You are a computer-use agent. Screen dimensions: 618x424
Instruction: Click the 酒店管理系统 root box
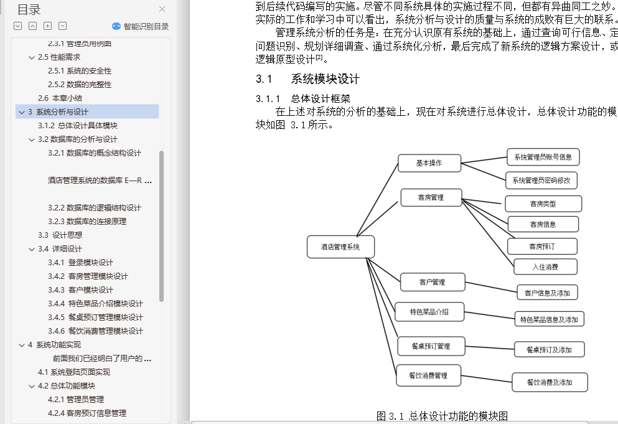click(340, 247)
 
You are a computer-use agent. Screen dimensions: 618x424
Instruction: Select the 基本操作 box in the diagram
click(429, 163)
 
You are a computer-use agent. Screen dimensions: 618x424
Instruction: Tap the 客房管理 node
click(431, 197)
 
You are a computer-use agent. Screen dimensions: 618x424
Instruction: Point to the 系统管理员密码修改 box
click(541, 181)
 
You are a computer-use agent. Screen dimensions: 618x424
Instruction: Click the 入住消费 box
click(545, 267)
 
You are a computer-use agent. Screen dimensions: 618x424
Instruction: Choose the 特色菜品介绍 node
click(429, 312)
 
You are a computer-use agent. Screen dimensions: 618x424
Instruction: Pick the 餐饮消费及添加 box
click(550, 382)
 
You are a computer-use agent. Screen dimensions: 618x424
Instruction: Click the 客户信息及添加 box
click(547, 293)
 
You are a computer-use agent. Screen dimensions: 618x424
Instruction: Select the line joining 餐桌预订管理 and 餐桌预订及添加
click(490, 348)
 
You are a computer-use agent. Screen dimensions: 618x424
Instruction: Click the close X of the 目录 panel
click(162, 9)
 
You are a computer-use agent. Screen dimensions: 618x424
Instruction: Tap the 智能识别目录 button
click(140, 26)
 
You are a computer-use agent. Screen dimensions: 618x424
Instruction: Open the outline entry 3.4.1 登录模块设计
click(80, 263)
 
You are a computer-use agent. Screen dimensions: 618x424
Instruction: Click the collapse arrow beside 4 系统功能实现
click(22, 345)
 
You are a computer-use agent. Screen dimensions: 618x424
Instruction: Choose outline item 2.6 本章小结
click(60, 98)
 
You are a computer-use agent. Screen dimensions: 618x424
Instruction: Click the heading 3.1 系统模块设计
click(307, 79)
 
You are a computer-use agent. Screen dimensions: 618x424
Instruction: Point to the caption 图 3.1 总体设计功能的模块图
click(442, 416)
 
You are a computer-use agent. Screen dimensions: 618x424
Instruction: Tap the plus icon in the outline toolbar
click(48, 26)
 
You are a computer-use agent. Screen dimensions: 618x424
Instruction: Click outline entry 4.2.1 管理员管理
click(76, 400)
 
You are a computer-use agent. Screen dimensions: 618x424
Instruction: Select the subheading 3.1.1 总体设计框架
click(302, 98)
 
